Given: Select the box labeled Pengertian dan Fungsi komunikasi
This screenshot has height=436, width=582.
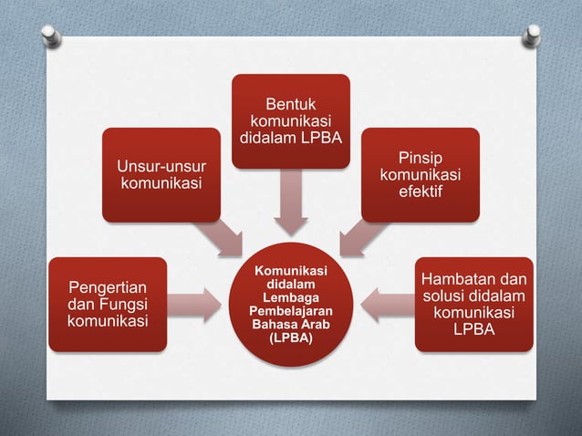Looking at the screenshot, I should [x=107, y=305].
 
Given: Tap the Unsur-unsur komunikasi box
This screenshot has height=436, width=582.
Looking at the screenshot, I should [x=161, y=174].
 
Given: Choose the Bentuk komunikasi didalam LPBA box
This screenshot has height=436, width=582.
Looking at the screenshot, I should [x=289, y=121].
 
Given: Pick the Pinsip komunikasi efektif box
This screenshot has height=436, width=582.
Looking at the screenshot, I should [x=421, y=174].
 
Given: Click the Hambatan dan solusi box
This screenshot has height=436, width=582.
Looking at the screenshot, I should [x=473, y=304].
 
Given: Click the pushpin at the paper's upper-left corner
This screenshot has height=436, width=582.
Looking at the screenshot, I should [x=51, y=36].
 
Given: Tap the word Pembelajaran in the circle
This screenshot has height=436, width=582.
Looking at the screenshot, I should [x=289, y=311].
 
